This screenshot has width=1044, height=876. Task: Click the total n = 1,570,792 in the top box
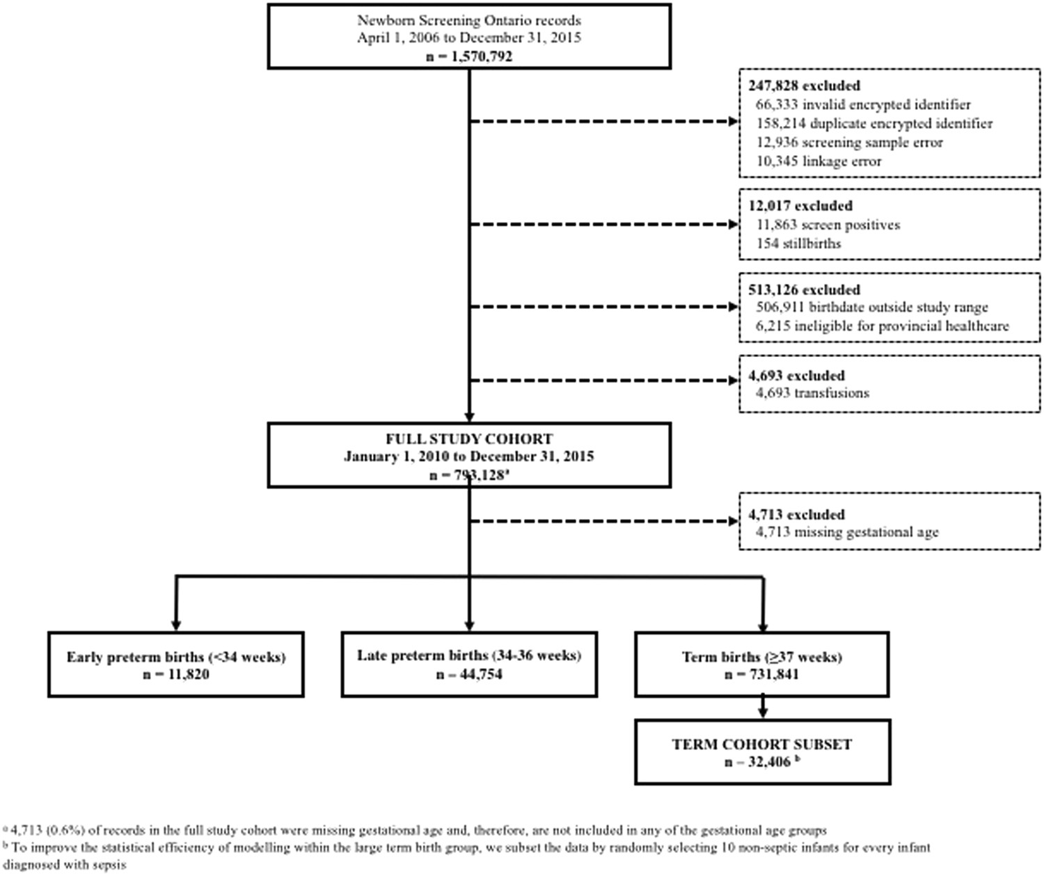[x=468, y=56]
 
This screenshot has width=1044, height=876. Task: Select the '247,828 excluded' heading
[x=804, y=86]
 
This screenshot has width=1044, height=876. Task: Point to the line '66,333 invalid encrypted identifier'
[x=863, y=104]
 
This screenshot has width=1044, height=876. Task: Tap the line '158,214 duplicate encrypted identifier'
[x=874, y=123]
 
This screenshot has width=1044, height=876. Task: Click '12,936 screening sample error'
[x=849, y=142]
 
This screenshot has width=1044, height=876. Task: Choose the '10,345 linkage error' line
[x=818, y=161]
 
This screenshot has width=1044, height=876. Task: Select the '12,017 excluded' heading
[x=800, y=206]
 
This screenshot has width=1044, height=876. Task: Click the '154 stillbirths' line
[x=798, y=244]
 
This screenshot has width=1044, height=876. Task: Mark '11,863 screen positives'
[x=828, y=225]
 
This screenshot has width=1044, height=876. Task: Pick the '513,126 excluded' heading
[x=804, y=289]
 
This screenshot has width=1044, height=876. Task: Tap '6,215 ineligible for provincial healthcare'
[x=882, y=326]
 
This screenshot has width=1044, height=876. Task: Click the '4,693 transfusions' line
[x=812, y=393]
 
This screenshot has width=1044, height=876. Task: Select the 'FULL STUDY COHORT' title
[x=468, y=439]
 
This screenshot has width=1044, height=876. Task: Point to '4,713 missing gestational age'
[x=847, y=532]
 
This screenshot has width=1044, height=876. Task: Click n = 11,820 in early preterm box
[x=175, y=674]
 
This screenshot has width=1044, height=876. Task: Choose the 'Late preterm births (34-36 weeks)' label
[x=468, y=655]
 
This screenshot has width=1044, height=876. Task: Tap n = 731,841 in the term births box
[x=761, y=674]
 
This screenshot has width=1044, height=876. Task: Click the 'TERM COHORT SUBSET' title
[x=761, y=744]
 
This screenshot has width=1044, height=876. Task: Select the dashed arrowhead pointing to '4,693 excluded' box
[x=733, y=381]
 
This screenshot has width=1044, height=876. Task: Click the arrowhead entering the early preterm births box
[x=176, y=626]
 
